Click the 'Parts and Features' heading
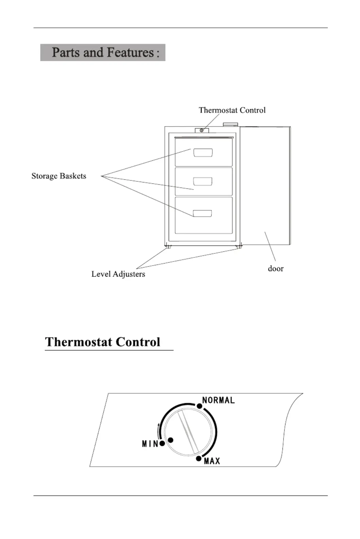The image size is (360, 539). pyautogui.click(x=103, y=52)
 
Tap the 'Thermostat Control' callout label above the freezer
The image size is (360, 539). pyautogui.click(x=232, y=110)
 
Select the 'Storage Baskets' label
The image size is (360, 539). pyautogui.click(x=59, y=176)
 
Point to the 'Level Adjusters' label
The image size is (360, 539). pyautogui.click(x=118, y=274)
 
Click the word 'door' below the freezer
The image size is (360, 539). pyautogui.click(x=276, y=268)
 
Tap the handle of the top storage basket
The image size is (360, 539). pyautogui.click(x=203, y=152)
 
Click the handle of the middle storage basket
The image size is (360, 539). pyautogui.click(x=203, y=181)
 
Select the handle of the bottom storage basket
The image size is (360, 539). pyautogui.click(x=202, y=213)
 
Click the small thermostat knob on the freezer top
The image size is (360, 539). pyautogui.click(x=202, y=130)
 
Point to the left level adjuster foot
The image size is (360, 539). pyautogui.click(x=168, y=247)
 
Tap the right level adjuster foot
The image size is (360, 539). pyautogui.click(x=239, y=247)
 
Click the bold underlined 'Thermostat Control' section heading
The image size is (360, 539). pyautogui.click(x=103, y=342)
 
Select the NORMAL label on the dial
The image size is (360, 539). pyautogui.click(x=218, y=400)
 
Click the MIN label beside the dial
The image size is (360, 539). pyautogui.click(x=150, y=444)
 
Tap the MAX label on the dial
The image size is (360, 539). pyautogui.click(x=212, y=461)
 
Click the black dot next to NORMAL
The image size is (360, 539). pyautogui.click(x=200, y=406)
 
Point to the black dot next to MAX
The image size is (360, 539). pyautogui.click(x=199, y=459)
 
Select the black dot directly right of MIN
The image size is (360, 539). pyautogui.click(x=162, y=443)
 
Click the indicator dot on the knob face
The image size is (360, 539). pyautogui.click(x=171, y=440)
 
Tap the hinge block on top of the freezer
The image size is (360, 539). pyautogui.click(x=230, y=125)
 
